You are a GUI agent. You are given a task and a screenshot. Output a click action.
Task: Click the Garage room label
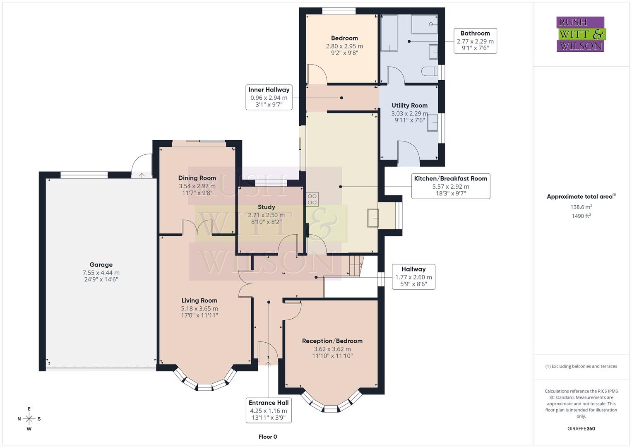click(101, 265)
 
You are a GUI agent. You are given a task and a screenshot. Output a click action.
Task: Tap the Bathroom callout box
click(475, 41)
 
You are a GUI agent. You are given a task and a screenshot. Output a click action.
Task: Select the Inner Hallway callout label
click(269, 97)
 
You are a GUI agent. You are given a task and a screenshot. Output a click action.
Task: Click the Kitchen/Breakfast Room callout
click(450, 186)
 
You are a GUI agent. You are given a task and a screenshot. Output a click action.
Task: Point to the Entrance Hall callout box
click(268, 410)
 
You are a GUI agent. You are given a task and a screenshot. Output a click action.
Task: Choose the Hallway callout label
click(413, 276)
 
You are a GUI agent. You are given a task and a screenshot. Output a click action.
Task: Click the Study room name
click(266, 207)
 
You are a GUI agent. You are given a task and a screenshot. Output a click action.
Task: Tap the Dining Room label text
click(197, 178)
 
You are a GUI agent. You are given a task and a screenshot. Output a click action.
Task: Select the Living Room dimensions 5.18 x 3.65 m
click(199, 308)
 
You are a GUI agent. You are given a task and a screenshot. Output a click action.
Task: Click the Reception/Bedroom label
click(332, 341)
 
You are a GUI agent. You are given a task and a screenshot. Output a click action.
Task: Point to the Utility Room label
click(409, 106)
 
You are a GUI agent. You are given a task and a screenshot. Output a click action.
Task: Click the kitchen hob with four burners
click(312, 199)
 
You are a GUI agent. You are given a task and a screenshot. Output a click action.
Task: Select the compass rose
click(29, 419)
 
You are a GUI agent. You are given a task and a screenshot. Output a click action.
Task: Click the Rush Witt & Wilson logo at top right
click(581, 34)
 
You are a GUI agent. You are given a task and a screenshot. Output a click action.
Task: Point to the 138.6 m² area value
click(581, 207)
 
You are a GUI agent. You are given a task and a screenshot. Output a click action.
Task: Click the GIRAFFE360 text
click(581, 428)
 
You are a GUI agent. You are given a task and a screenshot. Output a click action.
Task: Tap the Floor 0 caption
click(268, 437)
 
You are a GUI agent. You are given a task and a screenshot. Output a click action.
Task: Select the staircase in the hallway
click(355, 265)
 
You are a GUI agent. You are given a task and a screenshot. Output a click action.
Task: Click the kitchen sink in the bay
click(372, 218)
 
